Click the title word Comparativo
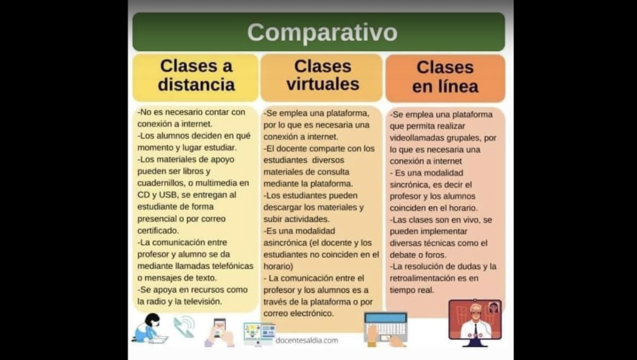point(322,32)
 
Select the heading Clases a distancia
point(196,75)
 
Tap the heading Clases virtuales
point(322,75)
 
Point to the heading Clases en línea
point(445,76)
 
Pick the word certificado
point(158,230)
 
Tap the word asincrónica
point(284,243)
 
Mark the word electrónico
point(312,314)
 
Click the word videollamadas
point(416,138)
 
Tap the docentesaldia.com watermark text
point(307,341)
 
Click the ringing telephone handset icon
point(184,327)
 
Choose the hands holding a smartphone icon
point(220,333)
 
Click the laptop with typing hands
point(386,329)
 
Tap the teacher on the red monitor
point(475,323)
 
